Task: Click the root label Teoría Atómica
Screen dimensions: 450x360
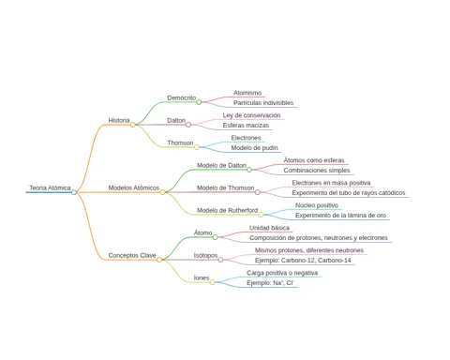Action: pos(50,187)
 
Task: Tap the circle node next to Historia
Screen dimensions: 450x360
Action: pos(133,125)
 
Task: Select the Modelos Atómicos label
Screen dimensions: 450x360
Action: pos(134,187)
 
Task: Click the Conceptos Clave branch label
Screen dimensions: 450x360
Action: pos(132,255)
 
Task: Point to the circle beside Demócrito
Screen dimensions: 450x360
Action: pos(199,102)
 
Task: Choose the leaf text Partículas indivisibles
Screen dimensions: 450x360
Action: pos(263,103)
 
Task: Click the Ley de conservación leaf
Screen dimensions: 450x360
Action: pos(251,115)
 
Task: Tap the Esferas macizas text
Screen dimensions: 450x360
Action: pos(246,126)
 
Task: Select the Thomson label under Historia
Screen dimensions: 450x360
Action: pos(180,142)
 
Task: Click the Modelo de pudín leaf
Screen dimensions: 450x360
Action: pos(254,148)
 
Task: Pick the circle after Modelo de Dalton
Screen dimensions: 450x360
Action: pos(249,170)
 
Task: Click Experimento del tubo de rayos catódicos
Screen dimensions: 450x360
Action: pos(349,193)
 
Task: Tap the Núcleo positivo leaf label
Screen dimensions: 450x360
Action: pos(317,205)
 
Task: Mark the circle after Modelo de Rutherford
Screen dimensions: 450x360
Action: pos(261,215)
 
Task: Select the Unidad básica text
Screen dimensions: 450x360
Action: pos(269,228)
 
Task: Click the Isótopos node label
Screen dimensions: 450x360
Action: pos(205,255)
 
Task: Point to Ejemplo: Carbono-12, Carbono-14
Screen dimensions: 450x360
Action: pos(303,261)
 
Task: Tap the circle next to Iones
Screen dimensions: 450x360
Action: pos(213,282)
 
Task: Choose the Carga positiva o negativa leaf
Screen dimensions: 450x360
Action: pos(282,273)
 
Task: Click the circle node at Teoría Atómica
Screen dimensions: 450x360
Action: pos(74,192)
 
